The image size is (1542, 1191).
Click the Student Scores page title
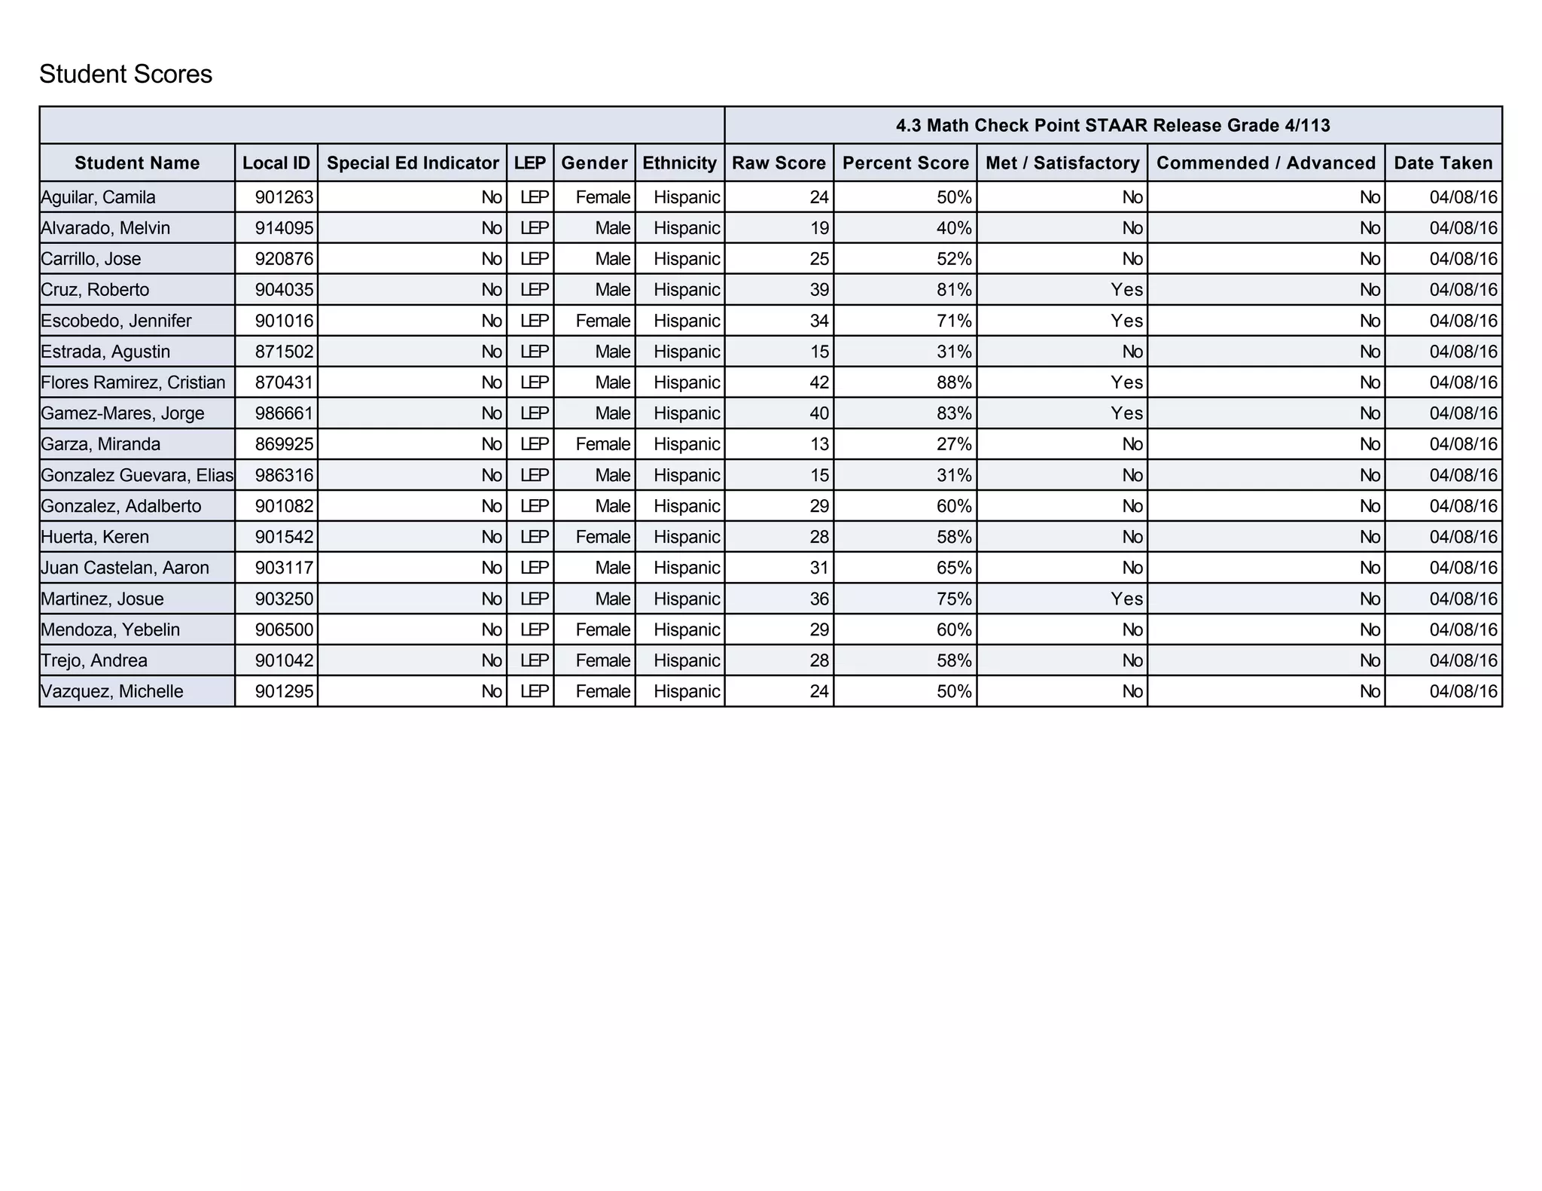(x=126, y=74)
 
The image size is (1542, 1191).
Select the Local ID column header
(x=276, y=163)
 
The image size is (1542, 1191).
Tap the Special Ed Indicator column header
(x=413, y=163)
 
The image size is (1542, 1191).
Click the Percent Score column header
(x=905, y=163)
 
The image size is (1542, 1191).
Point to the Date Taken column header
(x=1443, y=163)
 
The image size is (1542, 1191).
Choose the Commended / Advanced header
(x=1266, y=163)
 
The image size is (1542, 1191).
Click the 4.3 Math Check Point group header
(x=1112, y=125)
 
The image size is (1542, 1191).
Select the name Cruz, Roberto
(x=95, y=290)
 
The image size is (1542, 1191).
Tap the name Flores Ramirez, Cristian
(x=133, y=382)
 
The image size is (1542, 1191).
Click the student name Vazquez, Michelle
(x=111, y=691)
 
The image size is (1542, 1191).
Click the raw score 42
(x=818, y=382)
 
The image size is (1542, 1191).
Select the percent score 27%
(x=953, y=444)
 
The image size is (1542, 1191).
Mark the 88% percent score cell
(x=953, y=382)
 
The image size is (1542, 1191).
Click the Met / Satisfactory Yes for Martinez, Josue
(x=1126, y=599)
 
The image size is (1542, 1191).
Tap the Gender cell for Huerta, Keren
(x=602, y=537)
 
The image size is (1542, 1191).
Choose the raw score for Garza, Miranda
(x=818, y=444)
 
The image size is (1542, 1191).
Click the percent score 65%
(x=953, y=568)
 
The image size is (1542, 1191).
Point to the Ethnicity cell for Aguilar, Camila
(x=687, y=197)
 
